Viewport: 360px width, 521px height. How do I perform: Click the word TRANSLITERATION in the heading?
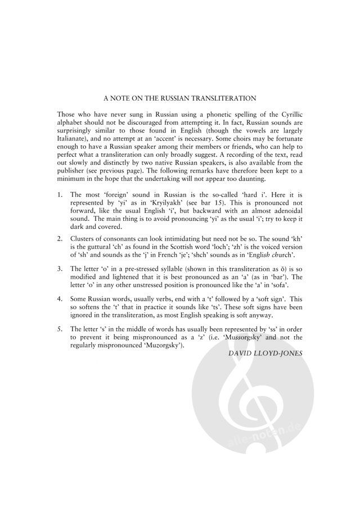224,98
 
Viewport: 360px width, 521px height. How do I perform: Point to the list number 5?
60,330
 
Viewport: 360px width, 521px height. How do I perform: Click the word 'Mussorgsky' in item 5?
247,337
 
